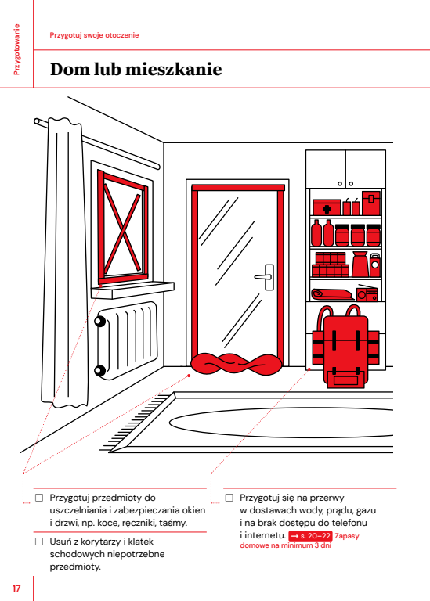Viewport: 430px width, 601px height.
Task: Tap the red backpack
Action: click(345, 349)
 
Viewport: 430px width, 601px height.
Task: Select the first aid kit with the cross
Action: click(327, 207)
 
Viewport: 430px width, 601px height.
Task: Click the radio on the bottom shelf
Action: click(367, 293)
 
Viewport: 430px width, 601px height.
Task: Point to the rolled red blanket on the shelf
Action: click(331, 294)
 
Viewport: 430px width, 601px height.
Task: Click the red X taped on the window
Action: click(122, 228)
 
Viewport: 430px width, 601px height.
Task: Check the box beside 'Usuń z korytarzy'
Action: click(39, 542)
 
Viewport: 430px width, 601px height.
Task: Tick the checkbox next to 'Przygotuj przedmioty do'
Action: click(39, 498)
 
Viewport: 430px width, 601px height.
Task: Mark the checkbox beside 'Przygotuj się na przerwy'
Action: click(229, 498)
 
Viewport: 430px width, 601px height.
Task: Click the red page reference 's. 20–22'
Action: click(310, 536)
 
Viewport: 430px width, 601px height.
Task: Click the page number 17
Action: click(16, 588)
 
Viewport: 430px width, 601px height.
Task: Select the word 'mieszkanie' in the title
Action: click(173, 70)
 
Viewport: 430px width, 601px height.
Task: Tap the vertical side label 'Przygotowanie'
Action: click(16, 49)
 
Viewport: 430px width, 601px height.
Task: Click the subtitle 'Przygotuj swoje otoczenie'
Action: click(94, 35)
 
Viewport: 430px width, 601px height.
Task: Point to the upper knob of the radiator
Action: click(100, 321)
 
